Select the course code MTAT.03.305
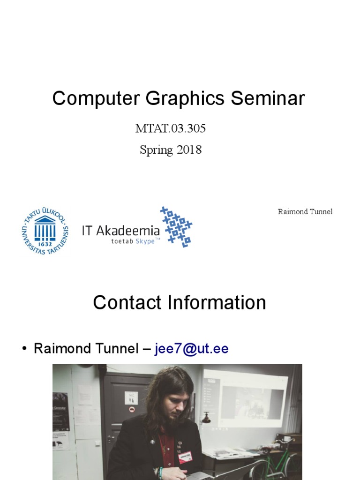tap(171, 128)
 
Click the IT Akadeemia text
tap(120, 230)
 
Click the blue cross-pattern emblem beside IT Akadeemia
tap(176, 226)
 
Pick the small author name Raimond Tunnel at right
tap(305, 212)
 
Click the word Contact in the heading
tap(127, 303)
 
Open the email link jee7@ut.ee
tap(191, 349)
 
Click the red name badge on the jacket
tap(185, 457)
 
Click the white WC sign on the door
tap(131, 397)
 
